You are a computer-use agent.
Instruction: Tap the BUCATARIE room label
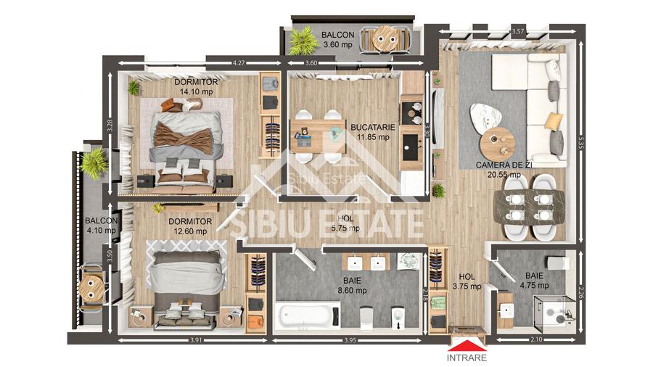coord(372,127)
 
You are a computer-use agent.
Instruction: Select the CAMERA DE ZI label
coord(498,165)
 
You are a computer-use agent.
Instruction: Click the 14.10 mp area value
coord(197,92)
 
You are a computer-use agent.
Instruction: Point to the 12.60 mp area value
coord(190,231)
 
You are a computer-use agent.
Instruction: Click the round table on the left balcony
coord(92,284)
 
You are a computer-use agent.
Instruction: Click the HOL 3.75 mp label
coord(468,281)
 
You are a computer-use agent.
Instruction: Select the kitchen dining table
coord(319,134)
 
